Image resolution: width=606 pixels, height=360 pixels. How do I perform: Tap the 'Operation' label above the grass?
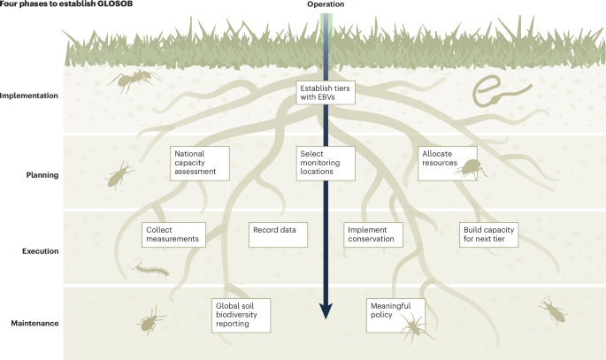pyautogui.click(x=325, y=4)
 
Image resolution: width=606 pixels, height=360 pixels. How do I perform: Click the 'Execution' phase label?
pyautogui.click(x=39, y=251)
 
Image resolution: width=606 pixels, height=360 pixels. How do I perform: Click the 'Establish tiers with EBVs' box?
pyautogui.click(x=326, y=92)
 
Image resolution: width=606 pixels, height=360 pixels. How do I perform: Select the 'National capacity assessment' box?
pyautogui.click(x=200, y=164)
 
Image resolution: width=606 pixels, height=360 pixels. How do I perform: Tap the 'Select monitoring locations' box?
pyautogui.click(x=326, y=164)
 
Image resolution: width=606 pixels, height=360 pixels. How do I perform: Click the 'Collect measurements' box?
pyautogui.click(x=173, y=234)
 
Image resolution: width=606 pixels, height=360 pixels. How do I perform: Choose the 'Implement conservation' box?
pyautogui.click(x=373, y=234)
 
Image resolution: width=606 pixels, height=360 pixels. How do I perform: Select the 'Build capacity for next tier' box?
pyautogui.click(x=488, y=234)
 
